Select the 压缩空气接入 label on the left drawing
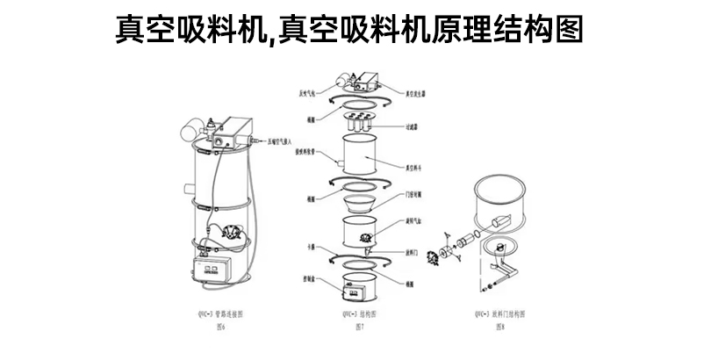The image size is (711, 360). point(283,140)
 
